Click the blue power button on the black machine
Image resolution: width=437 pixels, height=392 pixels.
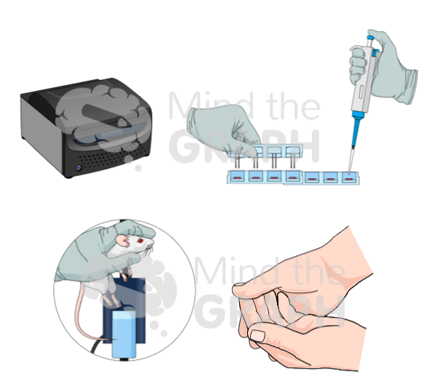(x=79, y=172)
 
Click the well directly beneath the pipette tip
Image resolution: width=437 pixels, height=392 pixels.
(x=350, y=177)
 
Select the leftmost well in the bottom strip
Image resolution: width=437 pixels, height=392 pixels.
(x=238, y=177)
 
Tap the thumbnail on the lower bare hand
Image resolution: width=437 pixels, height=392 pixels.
(x=259, y=335)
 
